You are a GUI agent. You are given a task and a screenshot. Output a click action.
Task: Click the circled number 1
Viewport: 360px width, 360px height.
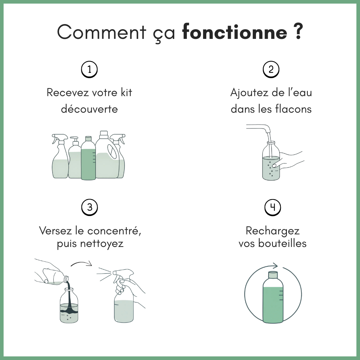coord(89,69)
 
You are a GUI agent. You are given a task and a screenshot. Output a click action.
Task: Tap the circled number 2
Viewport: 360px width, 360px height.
coord(271,69)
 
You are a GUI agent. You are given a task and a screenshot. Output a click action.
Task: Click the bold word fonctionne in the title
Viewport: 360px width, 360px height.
coord(235,33)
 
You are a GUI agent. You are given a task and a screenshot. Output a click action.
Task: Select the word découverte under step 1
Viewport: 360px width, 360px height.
coord(89,109)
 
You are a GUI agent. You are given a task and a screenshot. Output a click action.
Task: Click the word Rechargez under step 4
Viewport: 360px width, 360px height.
coord(273,230)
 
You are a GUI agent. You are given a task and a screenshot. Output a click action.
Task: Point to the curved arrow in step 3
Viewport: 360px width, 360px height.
coord(81,264)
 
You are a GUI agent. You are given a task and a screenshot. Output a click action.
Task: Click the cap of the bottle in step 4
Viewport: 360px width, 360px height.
coord(273,274)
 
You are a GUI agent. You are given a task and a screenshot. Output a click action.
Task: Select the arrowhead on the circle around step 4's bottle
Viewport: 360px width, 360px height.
coord(275,266)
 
